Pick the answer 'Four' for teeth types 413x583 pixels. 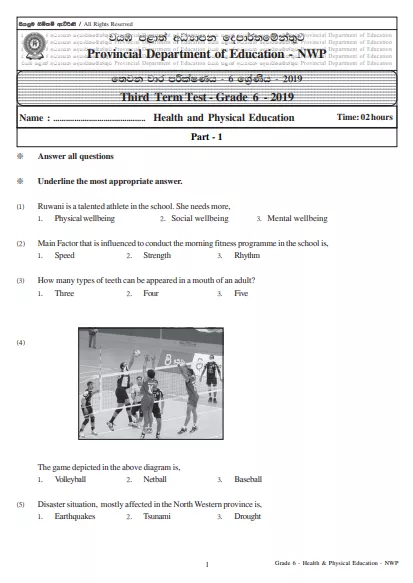(x=151, y=294)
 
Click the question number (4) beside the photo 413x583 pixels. (x=21, y=343)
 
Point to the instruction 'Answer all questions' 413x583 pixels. (x=75, y=157)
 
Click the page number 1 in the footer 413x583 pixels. (x=206, y=566)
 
